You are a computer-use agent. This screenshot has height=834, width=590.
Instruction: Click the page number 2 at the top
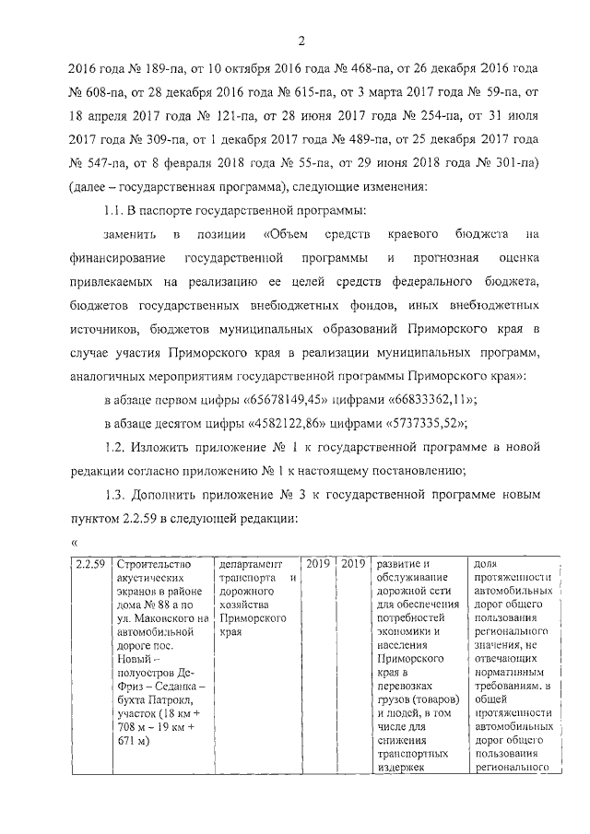301,39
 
